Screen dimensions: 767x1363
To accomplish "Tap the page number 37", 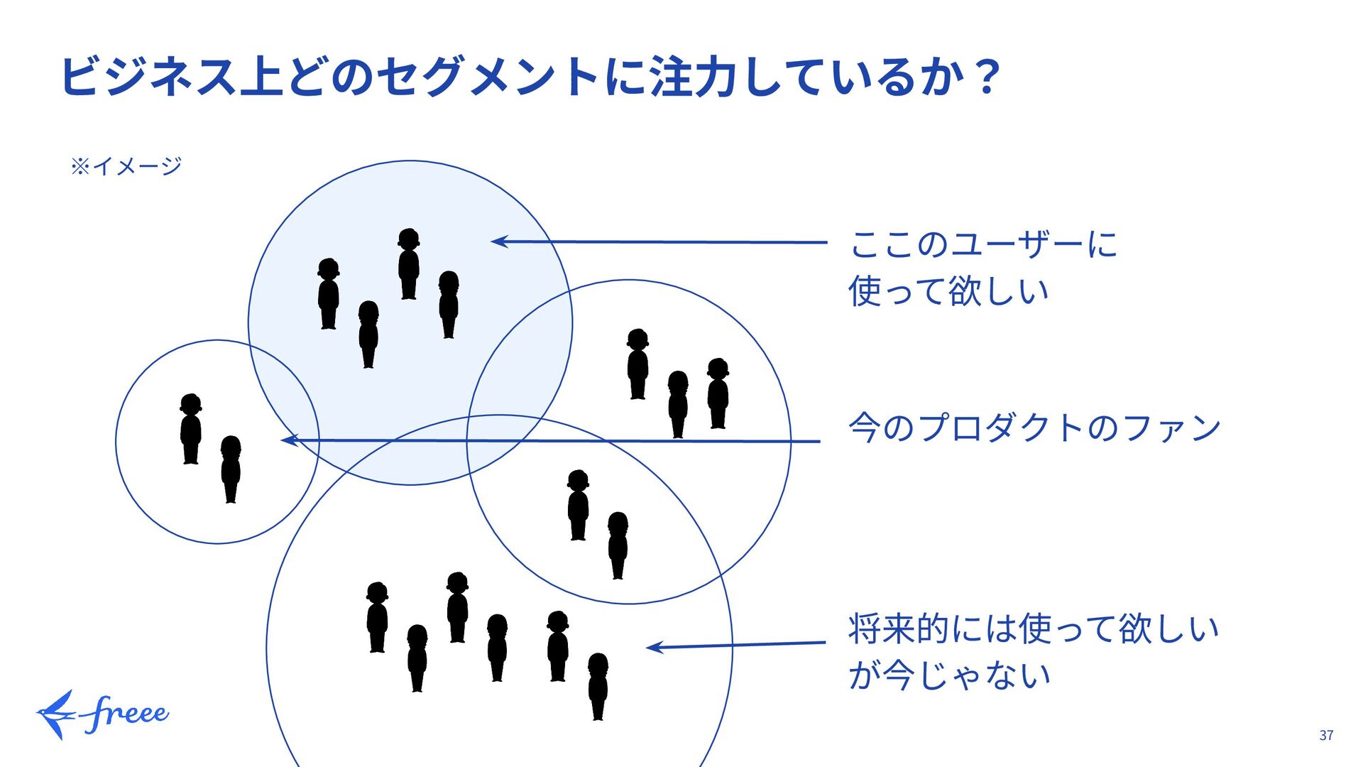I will click(1326, 735).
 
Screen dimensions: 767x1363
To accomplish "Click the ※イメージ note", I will click(126, 166).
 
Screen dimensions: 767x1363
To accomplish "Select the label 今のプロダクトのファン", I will click(1034, 428).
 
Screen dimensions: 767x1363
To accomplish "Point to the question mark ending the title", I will click(987, 77).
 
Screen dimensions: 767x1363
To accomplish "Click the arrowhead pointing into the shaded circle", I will click(498, 241).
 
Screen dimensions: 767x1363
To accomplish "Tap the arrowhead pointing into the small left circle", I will click(288, 440).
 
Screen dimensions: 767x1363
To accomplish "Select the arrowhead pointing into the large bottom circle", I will click(653, 647).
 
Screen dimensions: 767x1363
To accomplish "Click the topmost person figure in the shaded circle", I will click(408, 263).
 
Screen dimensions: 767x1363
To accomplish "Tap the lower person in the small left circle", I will click(231, 469).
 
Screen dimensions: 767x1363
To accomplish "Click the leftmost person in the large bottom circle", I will click(377, 617).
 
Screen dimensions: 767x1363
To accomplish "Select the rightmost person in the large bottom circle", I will click(598, 686).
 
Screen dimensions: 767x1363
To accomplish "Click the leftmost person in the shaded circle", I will click(328, 293).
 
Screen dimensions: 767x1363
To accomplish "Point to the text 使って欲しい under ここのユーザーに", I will click(948, 291).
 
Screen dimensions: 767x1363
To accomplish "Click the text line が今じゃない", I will click(948, 675).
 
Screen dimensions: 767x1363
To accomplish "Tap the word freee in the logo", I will click(126, 714).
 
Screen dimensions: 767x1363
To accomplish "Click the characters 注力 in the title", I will click(693, 77).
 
